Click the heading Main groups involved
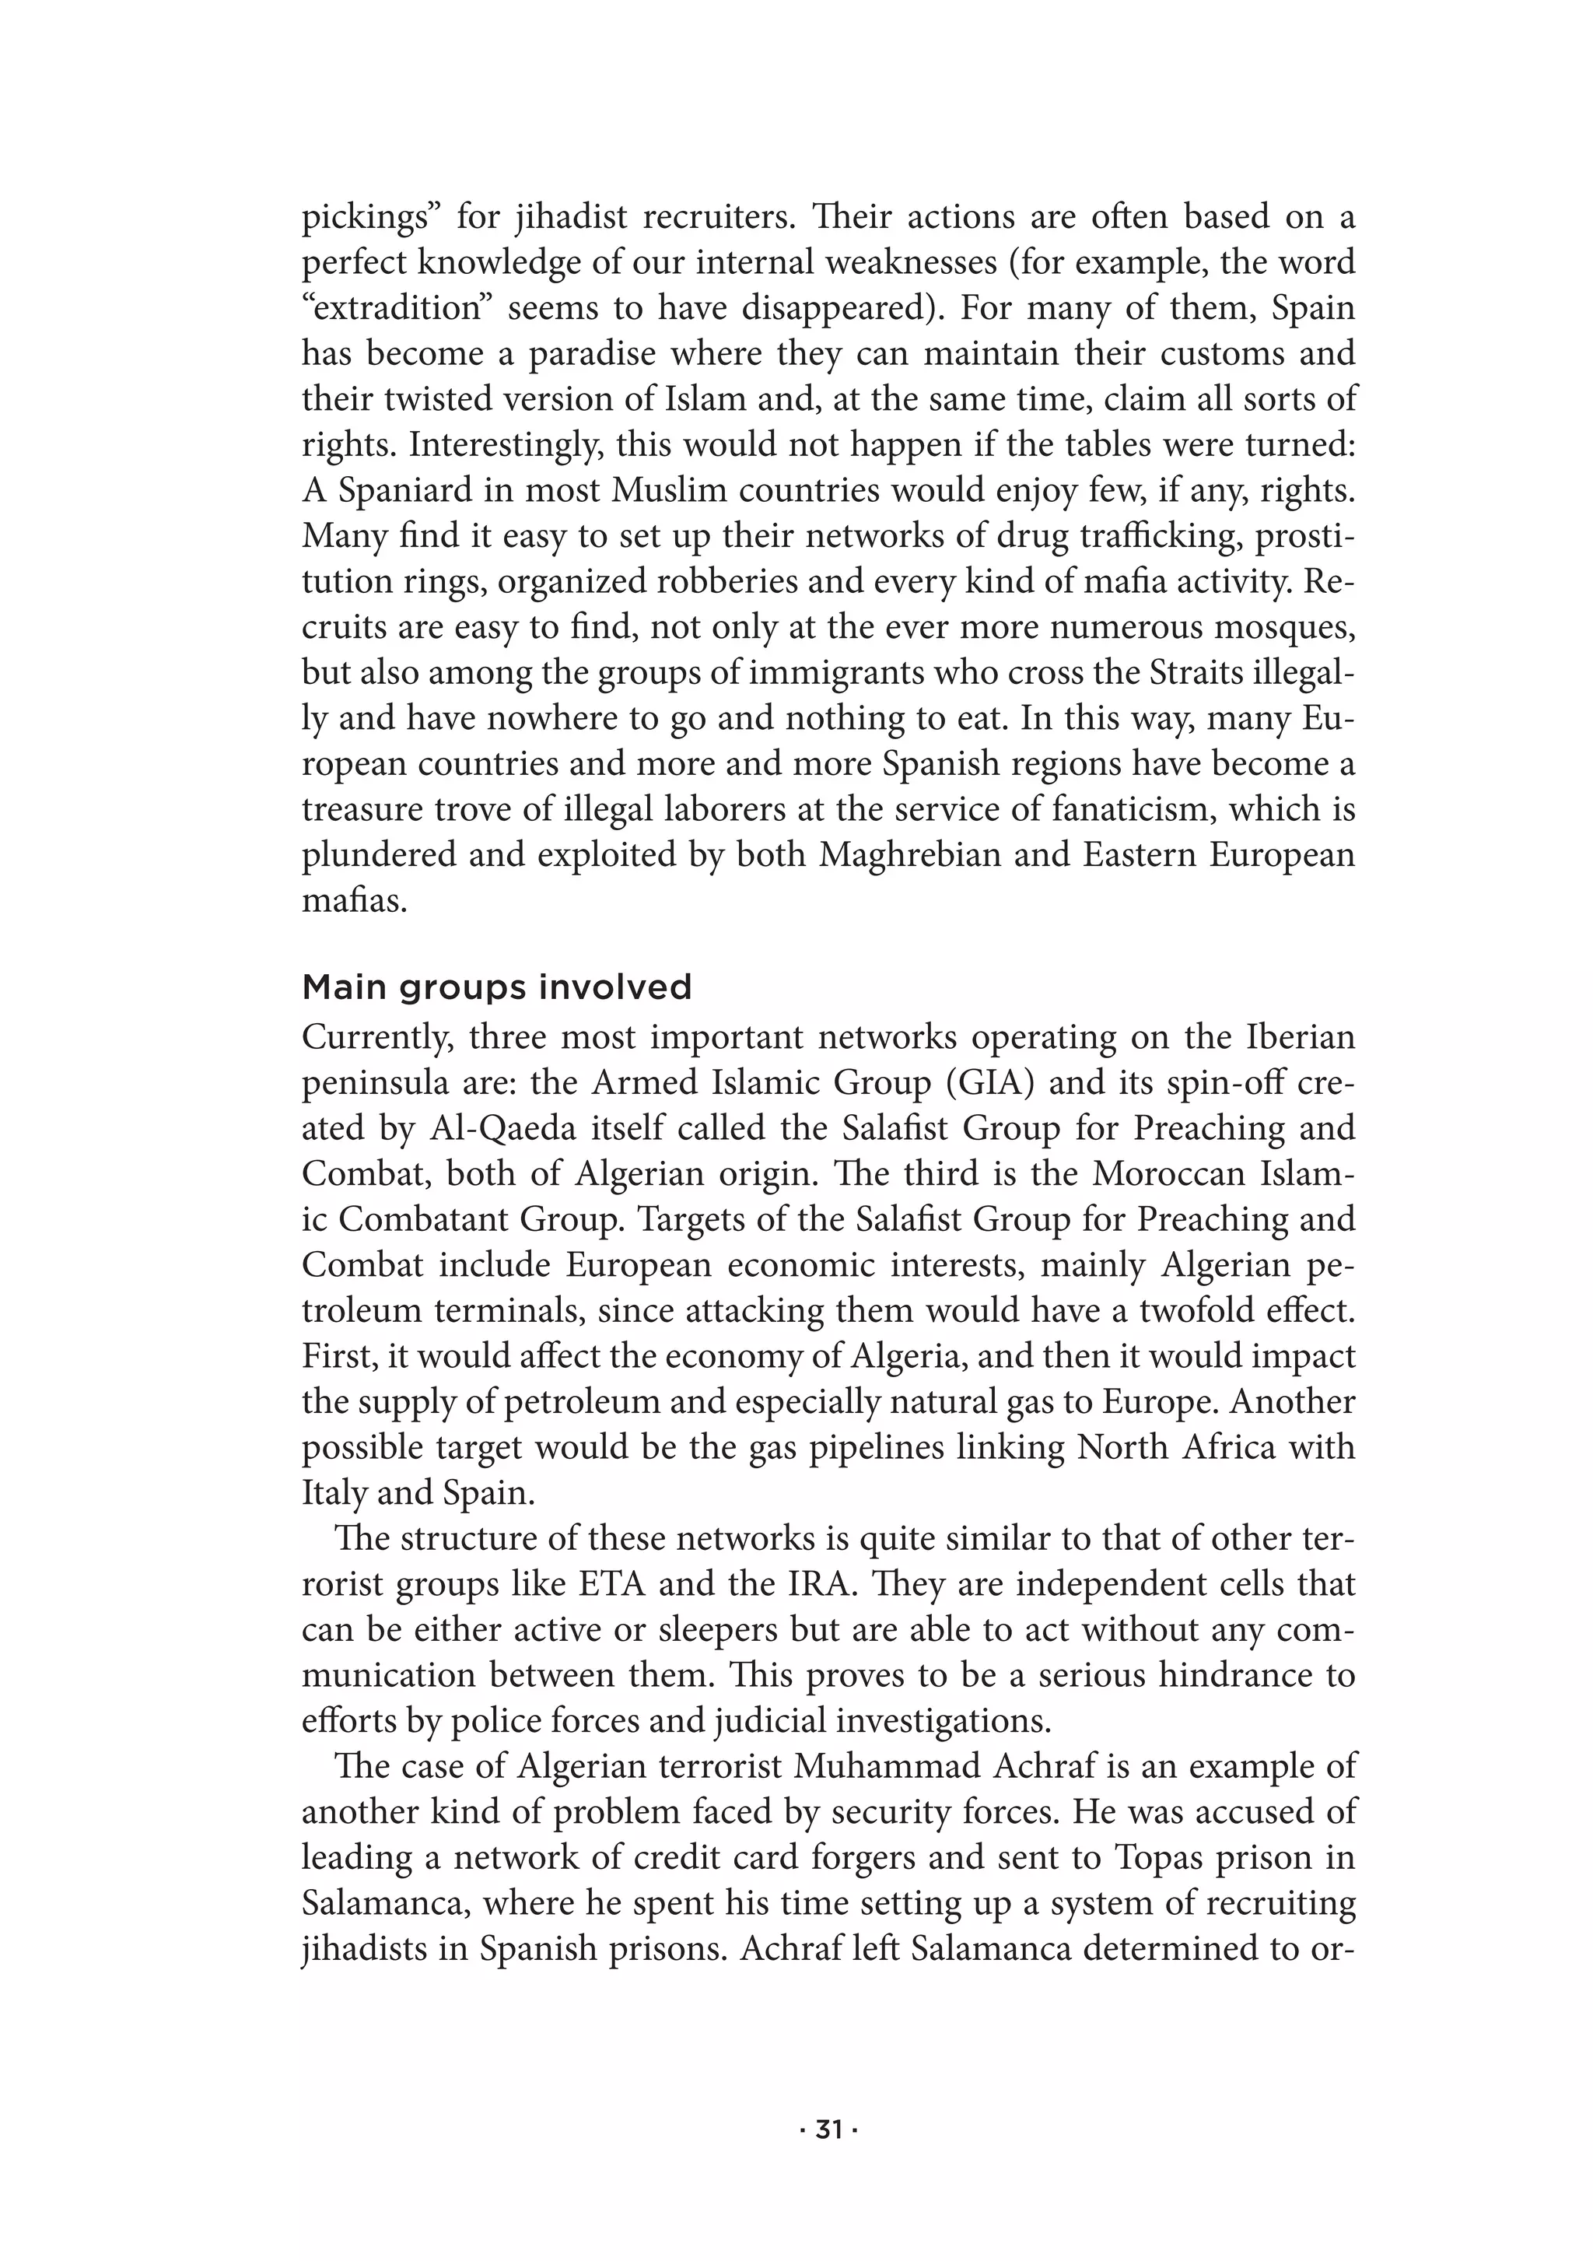[x=496, y=987]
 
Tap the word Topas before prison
[x=1168, y=1857]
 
